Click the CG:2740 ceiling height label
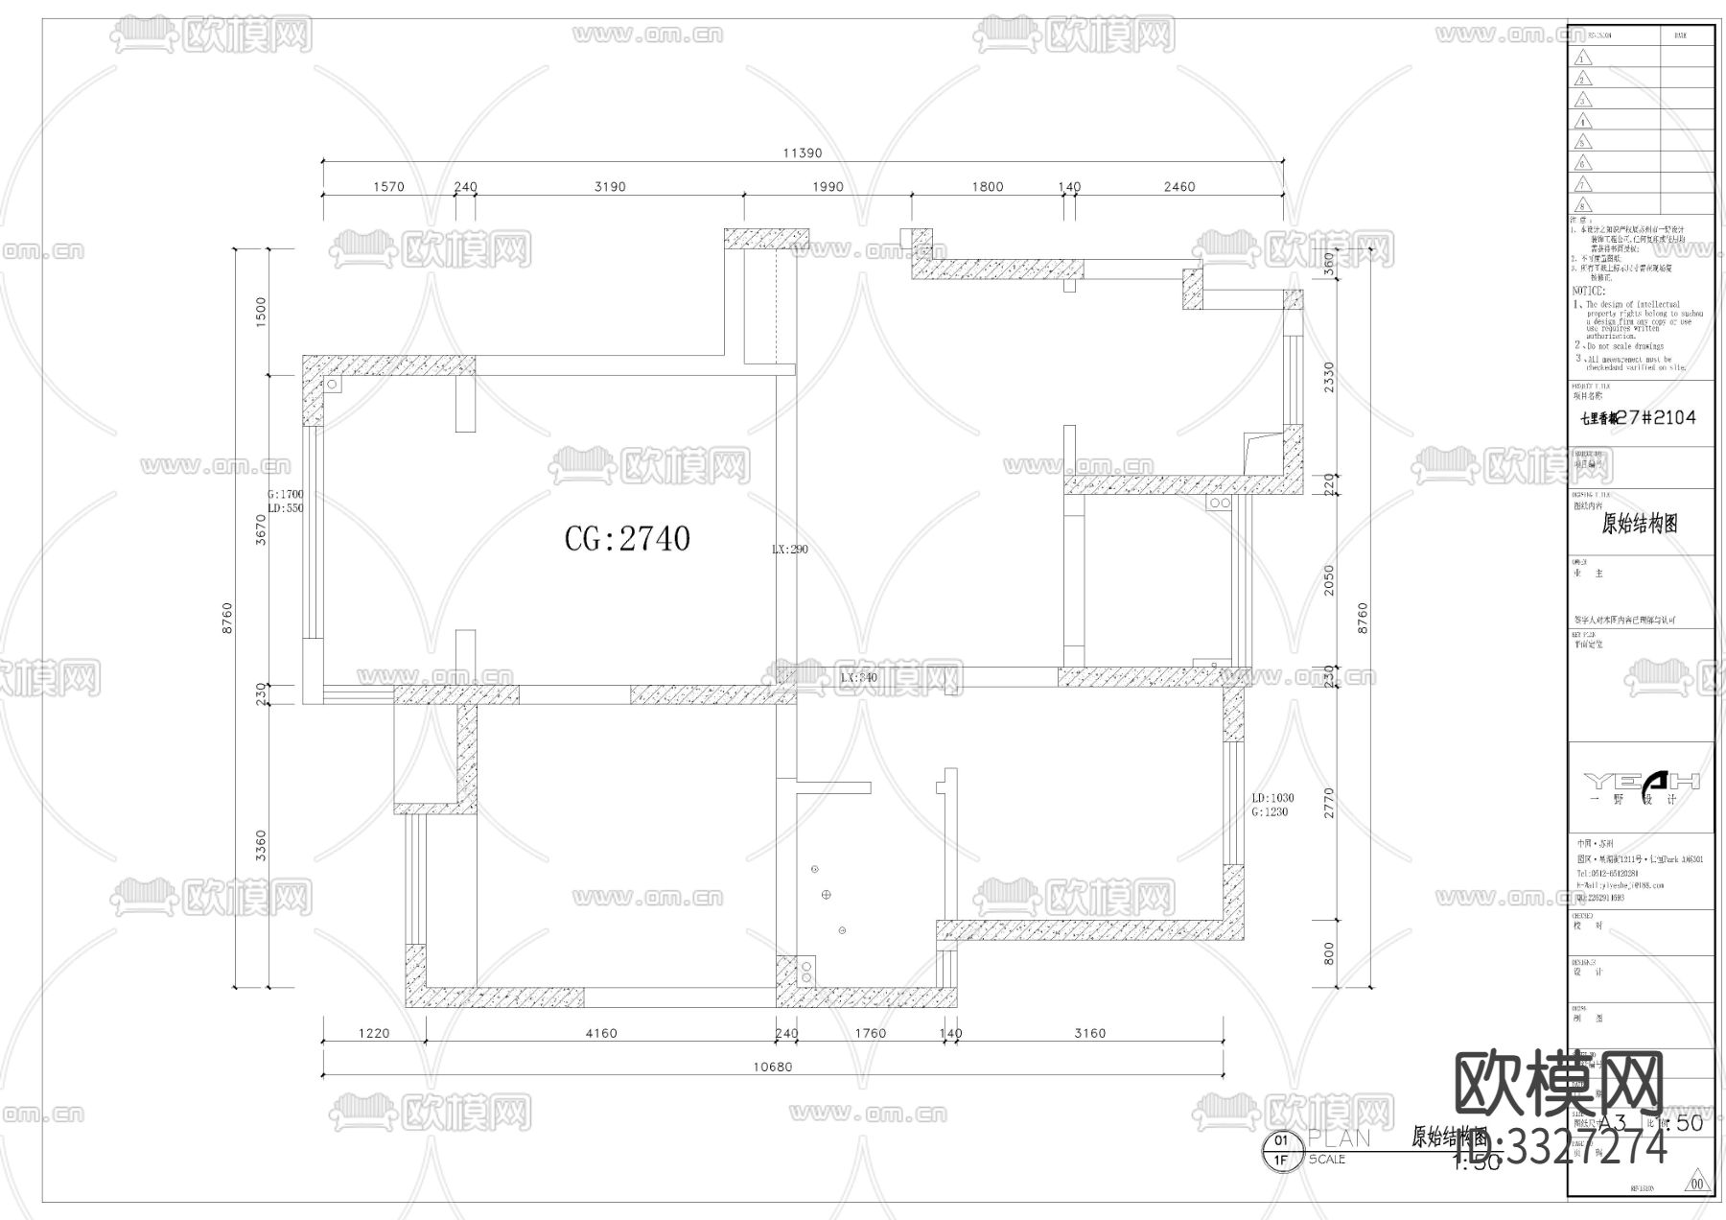pos(627,539)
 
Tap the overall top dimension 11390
pos(803,153)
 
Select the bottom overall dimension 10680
pos(773,1067)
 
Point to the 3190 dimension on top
pos(610,187)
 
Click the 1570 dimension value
pos(388,187)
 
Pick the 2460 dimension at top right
pos(1178,187)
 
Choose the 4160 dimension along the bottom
pos(601,1034)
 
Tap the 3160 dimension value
pos(1089,1034)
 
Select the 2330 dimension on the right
pos(1329,379)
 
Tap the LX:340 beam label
pos(858,678)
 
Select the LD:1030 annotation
pos(1272,798)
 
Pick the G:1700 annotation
pos(286,495)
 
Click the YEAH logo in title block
pos(1641,781)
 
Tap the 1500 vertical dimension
pos(260,311)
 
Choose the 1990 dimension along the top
pos(827,187)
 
